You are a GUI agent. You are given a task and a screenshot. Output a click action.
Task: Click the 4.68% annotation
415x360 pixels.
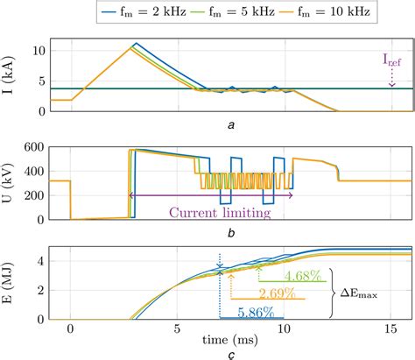point(303,274)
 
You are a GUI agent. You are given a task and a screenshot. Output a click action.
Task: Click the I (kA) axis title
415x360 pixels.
point(11,74)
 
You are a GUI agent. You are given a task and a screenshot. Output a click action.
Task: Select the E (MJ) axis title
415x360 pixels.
point(11,285)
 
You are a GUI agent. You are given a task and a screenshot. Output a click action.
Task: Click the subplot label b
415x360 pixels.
point(230,232)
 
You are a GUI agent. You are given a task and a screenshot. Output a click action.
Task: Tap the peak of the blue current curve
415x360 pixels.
point(135,42)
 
